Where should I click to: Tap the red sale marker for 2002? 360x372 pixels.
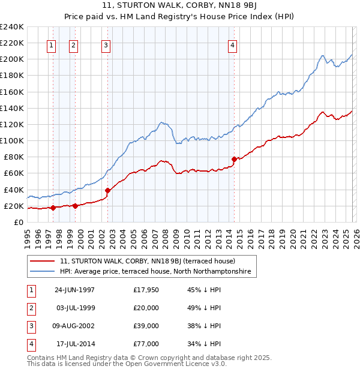point(107,191)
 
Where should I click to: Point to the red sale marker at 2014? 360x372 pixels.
point(234,159)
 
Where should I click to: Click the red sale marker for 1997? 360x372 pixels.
point(53,208)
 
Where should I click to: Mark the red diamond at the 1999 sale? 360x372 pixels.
point(75,206)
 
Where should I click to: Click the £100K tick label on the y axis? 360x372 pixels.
point(12,140)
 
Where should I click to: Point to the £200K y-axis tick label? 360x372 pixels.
point(12,59)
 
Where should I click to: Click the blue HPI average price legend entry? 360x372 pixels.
point(157,272)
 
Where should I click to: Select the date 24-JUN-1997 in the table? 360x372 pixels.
point(74,290)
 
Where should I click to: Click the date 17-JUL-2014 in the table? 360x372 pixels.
point(74,344)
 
